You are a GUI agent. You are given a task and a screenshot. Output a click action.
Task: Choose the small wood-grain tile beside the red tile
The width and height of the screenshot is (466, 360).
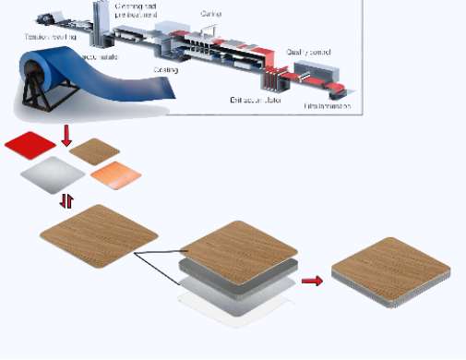[94, 150]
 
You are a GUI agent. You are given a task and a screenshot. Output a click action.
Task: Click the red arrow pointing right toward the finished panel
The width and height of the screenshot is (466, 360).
[313, 280]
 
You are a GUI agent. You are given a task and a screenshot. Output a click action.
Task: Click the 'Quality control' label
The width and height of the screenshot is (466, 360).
[308, 53]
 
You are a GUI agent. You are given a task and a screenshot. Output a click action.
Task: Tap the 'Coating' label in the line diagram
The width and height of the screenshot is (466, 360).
[167, 69]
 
